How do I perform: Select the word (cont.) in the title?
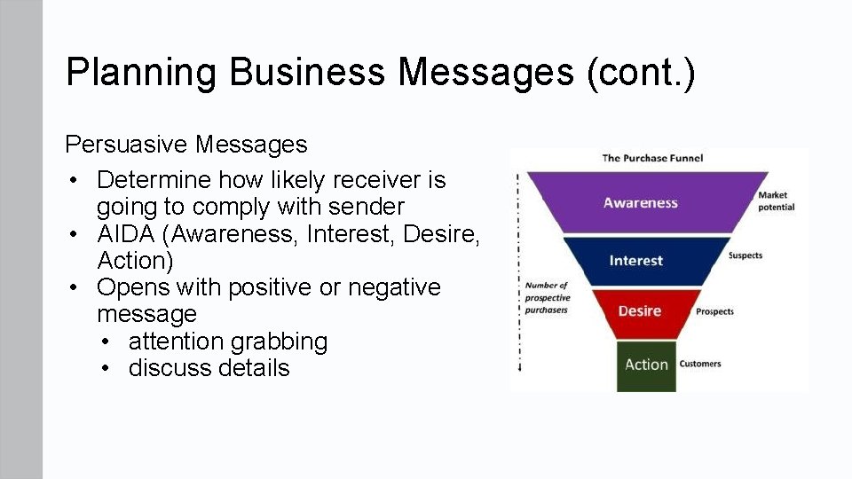(640, 72)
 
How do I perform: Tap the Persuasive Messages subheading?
(186, 144)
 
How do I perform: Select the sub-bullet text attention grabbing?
(228, 342)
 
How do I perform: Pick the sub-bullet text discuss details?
(209, 368)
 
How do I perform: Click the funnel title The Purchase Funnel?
(652, 158)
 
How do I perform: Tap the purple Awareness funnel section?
(641, 203)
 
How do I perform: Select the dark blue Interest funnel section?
(636, 261)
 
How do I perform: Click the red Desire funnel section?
(639, 311)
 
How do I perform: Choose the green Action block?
(646, 365)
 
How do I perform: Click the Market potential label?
(776, 201)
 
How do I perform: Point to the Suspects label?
(745, 255)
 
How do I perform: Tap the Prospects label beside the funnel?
(714, 311)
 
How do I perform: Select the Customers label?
(700, 364)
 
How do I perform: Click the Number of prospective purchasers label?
(546, 298)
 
